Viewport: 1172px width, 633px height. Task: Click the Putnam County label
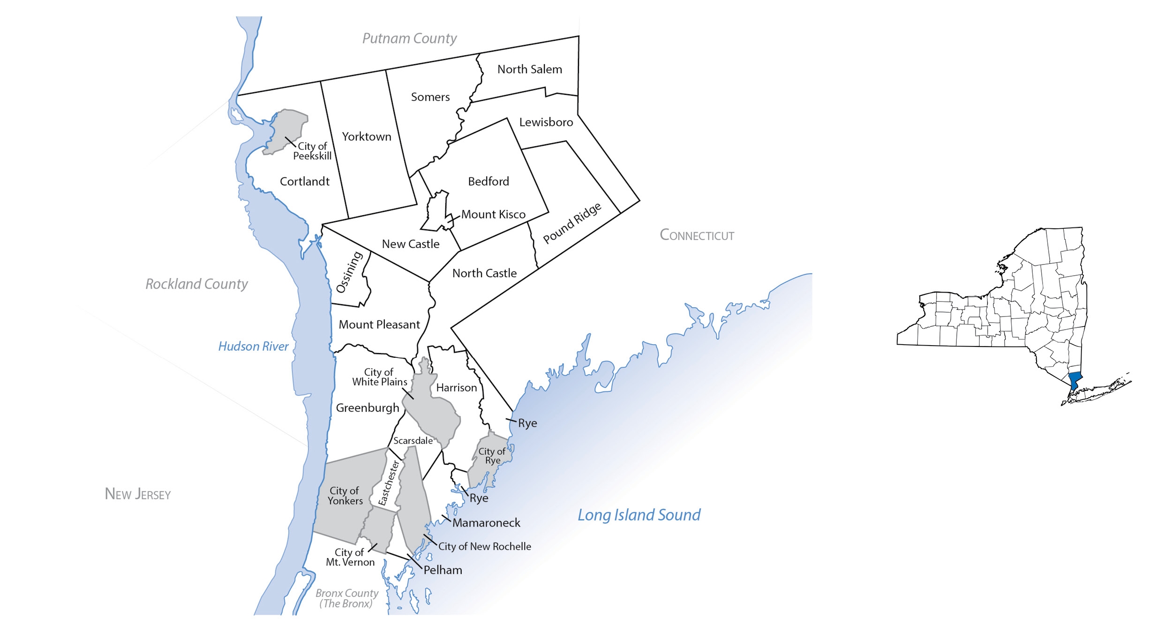[x=409, y=38]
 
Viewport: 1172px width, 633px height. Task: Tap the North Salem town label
[x=529, y=69]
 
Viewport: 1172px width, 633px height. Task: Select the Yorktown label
[x=366, y=137]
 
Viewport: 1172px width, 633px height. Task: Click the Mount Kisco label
[x=493, y=214]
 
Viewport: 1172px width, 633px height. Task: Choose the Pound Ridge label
[x=572, y=223]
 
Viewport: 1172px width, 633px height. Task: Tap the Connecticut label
[x=697, y=235]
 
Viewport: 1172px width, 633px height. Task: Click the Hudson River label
[x=253, y=347]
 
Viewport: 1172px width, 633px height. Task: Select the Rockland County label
[x=196, y=284]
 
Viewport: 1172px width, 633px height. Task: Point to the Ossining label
[x=349, y=272]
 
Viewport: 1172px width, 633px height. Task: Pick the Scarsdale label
[x=413, y=441]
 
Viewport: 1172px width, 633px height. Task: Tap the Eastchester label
[x=389, y=483]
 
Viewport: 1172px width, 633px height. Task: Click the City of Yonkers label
[x=345, y=496]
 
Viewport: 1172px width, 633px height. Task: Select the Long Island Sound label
[x=639, y=515]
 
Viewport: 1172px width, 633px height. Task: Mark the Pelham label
[x=443, y=570]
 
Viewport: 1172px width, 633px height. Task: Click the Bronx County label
[x=347, y=598]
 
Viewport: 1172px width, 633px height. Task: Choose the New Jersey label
[x=137, y=494]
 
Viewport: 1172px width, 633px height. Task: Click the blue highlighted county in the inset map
[x=1074, y=380]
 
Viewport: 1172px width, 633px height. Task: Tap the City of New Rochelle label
[x=484, y=547]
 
